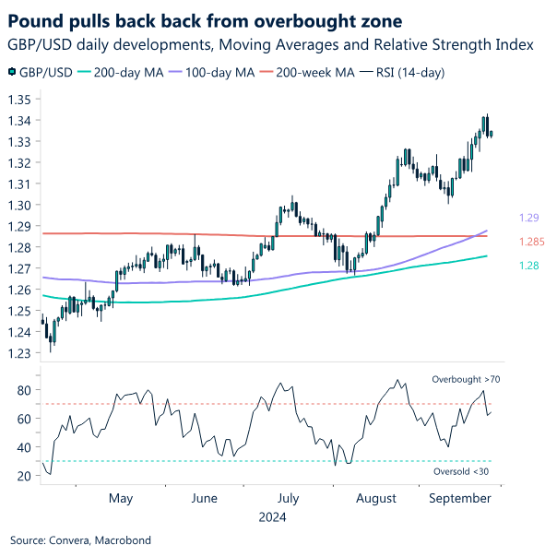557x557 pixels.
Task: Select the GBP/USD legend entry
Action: (x=42, y=72)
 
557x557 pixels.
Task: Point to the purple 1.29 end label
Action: (x=529, y=218)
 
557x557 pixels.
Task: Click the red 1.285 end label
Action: (x=532, y=243)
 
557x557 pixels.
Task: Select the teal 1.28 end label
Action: (x=529, y=265)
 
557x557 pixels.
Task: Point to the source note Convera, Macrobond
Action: (x=80, y=539)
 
